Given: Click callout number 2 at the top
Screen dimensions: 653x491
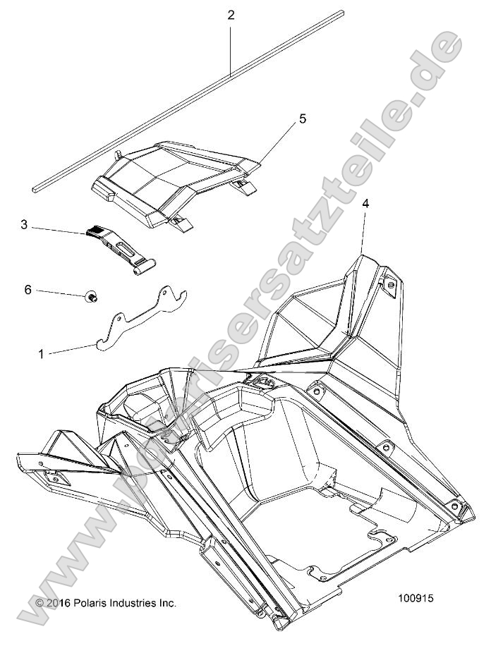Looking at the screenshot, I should pos(231,15).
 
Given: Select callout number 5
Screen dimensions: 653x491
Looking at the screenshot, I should pos(282,119).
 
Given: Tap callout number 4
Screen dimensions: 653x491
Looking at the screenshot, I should pos(365,203).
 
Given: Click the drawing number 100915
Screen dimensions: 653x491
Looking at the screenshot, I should pos(415,597).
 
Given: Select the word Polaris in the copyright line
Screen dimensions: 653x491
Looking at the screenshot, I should pos(91,603).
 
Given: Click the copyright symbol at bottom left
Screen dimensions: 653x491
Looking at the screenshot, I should pos(40,604).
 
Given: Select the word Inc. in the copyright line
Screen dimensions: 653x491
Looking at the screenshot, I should pos(167,603).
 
